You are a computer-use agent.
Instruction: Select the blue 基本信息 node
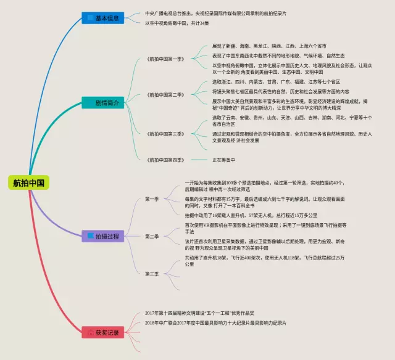[105, 18]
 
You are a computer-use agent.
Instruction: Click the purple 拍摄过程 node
[105, 235]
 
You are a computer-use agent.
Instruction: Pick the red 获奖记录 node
[105, 332]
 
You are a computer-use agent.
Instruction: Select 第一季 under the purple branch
[152, 198]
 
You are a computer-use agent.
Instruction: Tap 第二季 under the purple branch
[152, 236]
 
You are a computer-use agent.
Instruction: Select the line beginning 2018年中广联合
[216, 322]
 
